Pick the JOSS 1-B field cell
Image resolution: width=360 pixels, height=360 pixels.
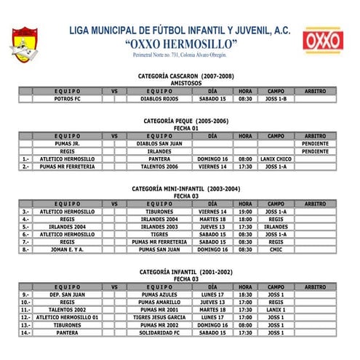point(276,98)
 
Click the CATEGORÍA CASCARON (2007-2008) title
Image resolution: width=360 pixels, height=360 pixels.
point(185,76)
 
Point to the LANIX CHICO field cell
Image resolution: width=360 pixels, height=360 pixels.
point(276,159)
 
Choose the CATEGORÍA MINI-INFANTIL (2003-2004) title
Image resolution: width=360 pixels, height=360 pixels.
point(185,188)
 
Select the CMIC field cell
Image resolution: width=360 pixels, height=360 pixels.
point(276,249)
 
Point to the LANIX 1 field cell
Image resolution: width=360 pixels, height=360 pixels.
point(276,310)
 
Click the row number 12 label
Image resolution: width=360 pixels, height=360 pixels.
point(26,317)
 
